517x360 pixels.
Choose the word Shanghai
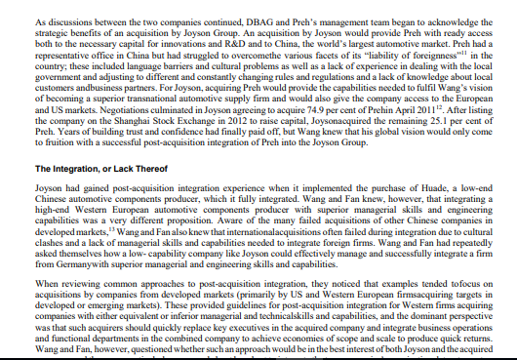pos(124,140)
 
